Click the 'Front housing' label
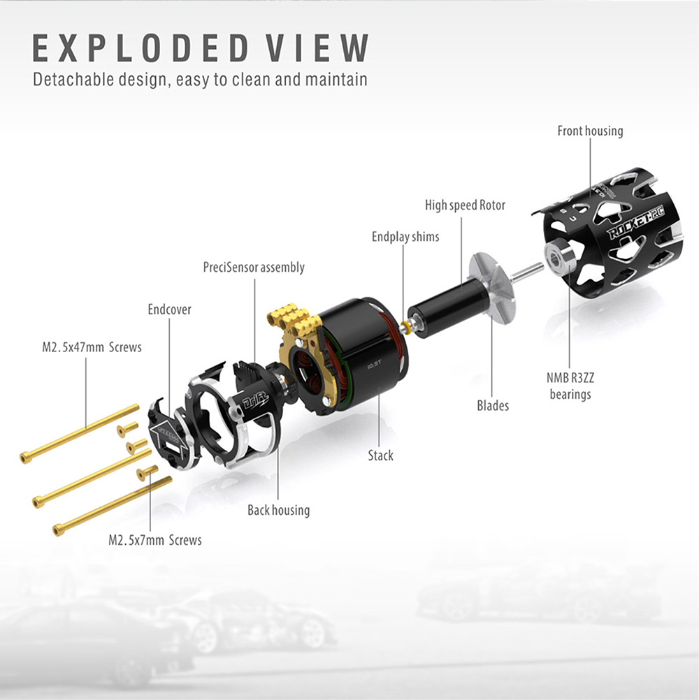[x=590, y=131]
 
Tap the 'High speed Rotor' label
[x=465, y=205]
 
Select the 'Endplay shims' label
[x=405, y=237]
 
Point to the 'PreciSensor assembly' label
[x=254, y=267]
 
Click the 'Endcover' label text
[x=169, y=309]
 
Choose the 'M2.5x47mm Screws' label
[x=92, y=347]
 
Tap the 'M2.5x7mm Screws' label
[x=155, y=540]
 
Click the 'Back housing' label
[x=279, y=510]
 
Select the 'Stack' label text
[x=380, y=455]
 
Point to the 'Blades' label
[x=493, y=405]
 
